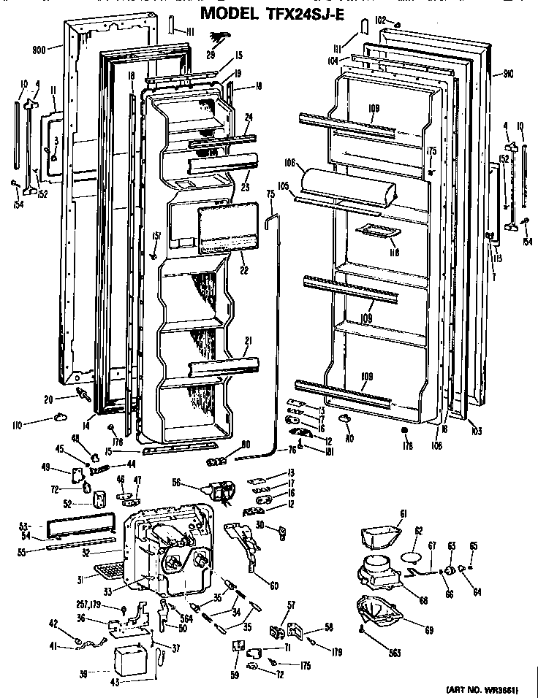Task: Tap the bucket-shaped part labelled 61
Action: tap(378, 538)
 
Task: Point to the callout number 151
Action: tap(156, 235)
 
